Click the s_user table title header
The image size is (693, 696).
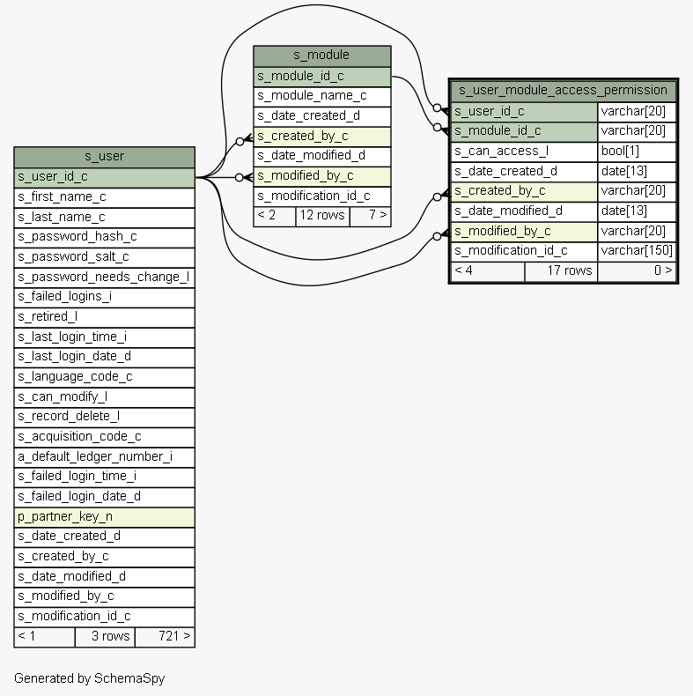pyautogui.click(x=104, y=157)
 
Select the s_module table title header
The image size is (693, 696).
pyautogui.click(x=321, y=56)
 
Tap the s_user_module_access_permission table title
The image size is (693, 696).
pyautogui.click(x=563, y=90)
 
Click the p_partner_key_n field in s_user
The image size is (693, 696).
pyautogui.click(x=104, y=516)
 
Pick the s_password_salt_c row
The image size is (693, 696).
pyautogui.click(x=104, y=256)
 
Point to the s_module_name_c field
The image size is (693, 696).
pyautogui.click(x=321, y=95)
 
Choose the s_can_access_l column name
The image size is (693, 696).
pyautogui.click(x=524, y=151)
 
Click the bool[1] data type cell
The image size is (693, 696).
pyautogui.click(x=637, y=151)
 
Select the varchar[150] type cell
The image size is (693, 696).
pyautogui.click(x=637, y=250)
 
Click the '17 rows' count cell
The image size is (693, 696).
pyautogui.click(x=561, y=270)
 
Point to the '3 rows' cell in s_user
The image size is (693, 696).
pyautogui.click(x=105, y=636)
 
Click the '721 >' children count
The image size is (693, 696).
pyautogui.click(x=165, y=636)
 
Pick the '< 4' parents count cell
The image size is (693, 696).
pyautogui.click(x=487, y=270)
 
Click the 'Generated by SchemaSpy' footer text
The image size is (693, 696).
pyautogui.click(x=89, y=678)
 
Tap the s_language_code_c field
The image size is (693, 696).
pyautogui.click(x=104, y=376)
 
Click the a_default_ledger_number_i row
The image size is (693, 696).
pyautogui.click(x=104, y=456)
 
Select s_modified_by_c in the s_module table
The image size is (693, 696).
pyautogui.click(x=321, y=175)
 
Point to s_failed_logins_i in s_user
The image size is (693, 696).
pyautogui.click(x=104, y=296)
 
